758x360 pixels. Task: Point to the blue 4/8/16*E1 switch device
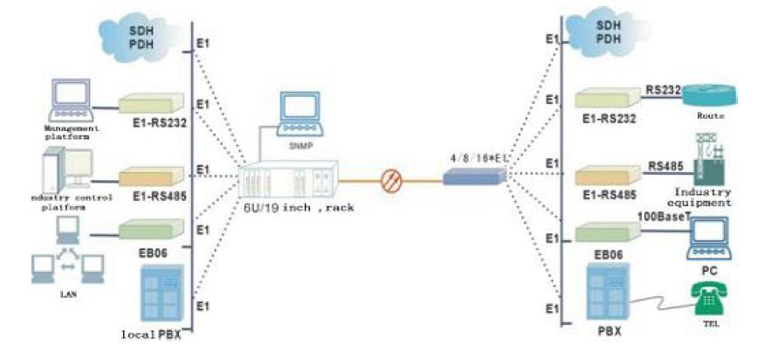(471, 177)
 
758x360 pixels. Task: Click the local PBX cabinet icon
(161, 296)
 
